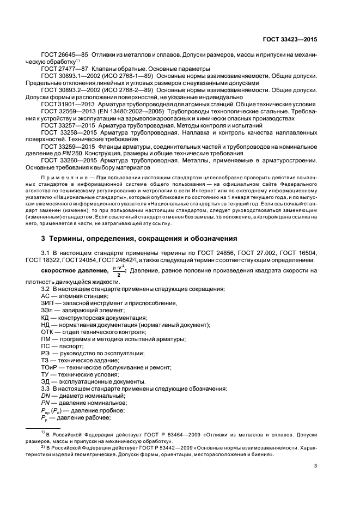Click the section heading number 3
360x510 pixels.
44,238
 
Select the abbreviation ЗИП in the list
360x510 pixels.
47,302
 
